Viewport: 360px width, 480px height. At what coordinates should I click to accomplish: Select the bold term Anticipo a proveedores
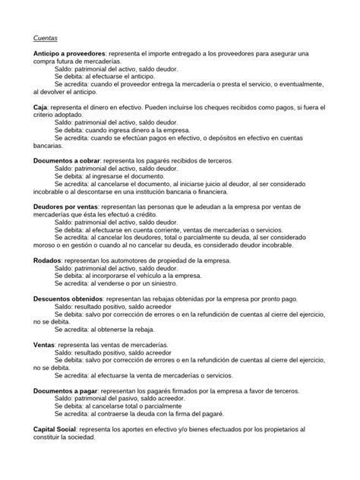(69, 55)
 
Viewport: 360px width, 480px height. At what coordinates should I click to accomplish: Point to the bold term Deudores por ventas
(67, 205)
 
